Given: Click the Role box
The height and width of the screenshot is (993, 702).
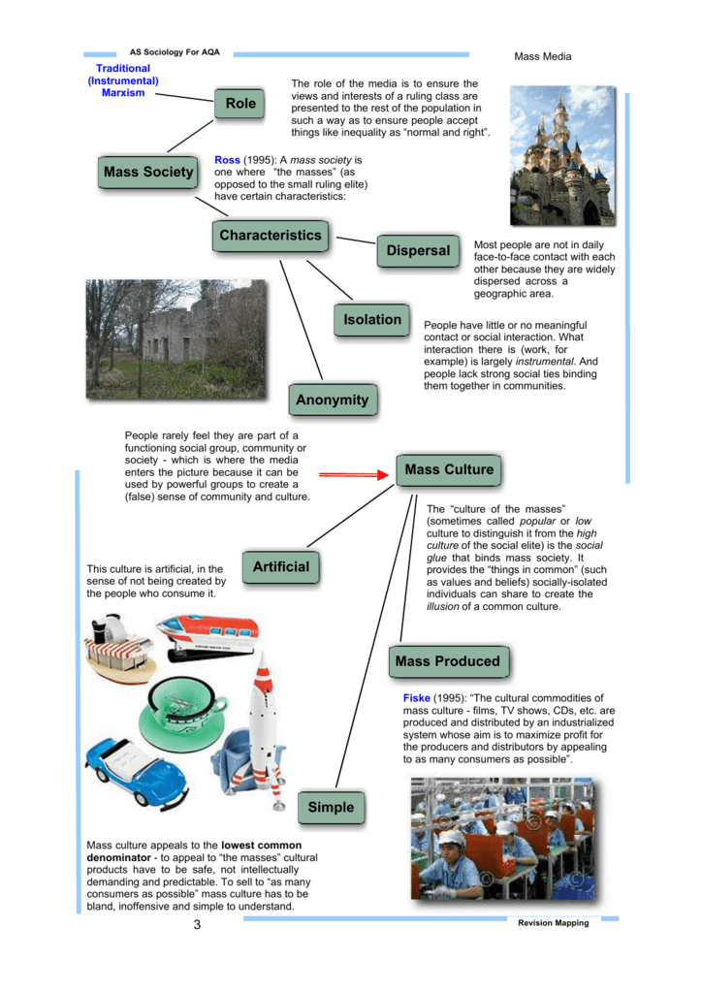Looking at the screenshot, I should [x=240, y=104].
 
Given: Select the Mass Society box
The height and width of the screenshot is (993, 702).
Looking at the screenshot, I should [x=148, y=173].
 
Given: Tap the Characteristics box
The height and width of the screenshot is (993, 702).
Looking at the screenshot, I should [x=270, y=236].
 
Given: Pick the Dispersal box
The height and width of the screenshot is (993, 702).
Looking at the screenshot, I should [x=418, y=251].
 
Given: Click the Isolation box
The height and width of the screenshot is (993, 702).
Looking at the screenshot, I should [x=371, y=320].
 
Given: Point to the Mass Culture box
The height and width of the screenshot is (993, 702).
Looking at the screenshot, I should [x=449, y=470].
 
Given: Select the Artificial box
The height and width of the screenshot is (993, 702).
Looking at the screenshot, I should [x=281, y=567].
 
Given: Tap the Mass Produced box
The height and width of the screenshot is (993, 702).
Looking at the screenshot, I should [x=447, y=662].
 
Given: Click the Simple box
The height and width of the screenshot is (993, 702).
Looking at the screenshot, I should [x=331, y=808].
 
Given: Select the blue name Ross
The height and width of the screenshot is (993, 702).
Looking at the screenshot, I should [x=227, y=159].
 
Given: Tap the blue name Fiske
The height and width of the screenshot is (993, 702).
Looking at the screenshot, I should [x=416, y=698].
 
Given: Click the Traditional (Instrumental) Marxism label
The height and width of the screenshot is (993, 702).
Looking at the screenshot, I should [x=123, y=80].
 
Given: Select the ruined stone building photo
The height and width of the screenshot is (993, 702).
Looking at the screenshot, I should [x=175, y=339].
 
